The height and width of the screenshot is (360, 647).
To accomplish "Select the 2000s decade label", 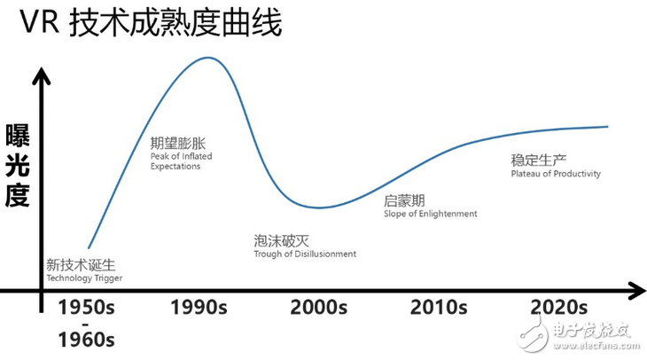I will click(319, 308).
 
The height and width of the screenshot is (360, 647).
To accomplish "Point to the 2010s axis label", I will click(439, 308).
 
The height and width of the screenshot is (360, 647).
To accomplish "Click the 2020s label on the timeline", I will click(558, 308).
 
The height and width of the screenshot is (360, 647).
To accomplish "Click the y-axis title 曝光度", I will click(18, 166).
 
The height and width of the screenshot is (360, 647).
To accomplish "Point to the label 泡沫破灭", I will click(277, 239).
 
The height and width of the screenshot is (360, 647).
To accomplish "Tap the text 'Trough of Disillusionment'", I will click(304, 254).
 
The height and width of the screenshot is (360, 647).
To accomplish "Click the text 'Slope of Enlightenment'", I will click(430, 214).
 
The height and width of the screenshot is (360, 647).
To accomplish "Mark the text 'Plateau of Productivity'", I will click(555, 174).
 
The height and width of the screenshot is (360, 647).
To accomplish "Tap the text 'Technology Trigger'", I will click(83, 278).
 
